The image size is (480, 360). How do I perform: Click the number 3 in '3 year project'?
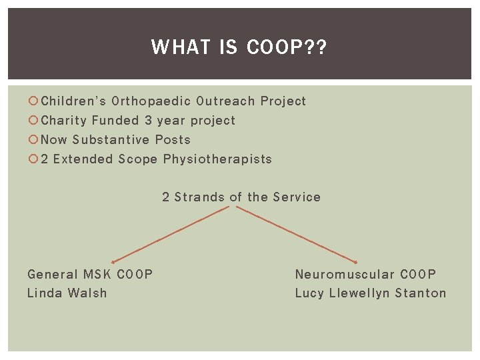pyautogui.click(x=148, y=121)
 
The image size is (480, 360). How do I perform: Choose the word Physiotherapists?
pyautogui.click(x=217, y=159)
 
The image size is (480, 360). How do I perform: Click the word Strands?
pyautogui.click(x=199, y=197)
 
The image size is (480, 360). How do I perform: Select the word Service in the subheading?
pyautogui.click(x=297, y=197)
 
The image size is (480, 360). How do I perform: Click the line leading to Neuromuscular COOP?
pyautogui.click(x=297, y=234)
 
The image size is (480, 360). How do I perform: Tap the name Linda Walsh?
pyautogui.click(x=67, y=293)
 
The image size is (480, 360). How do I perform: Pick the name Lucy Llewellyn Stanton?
pyautogui.click(x=370, y=293)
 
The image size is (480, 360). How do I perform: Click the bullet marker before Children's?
pyautogui.click(x=33, y=101)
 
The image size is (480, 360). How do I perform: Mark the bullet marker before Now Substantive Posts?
pyautogui.click(x=33, y=140)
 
